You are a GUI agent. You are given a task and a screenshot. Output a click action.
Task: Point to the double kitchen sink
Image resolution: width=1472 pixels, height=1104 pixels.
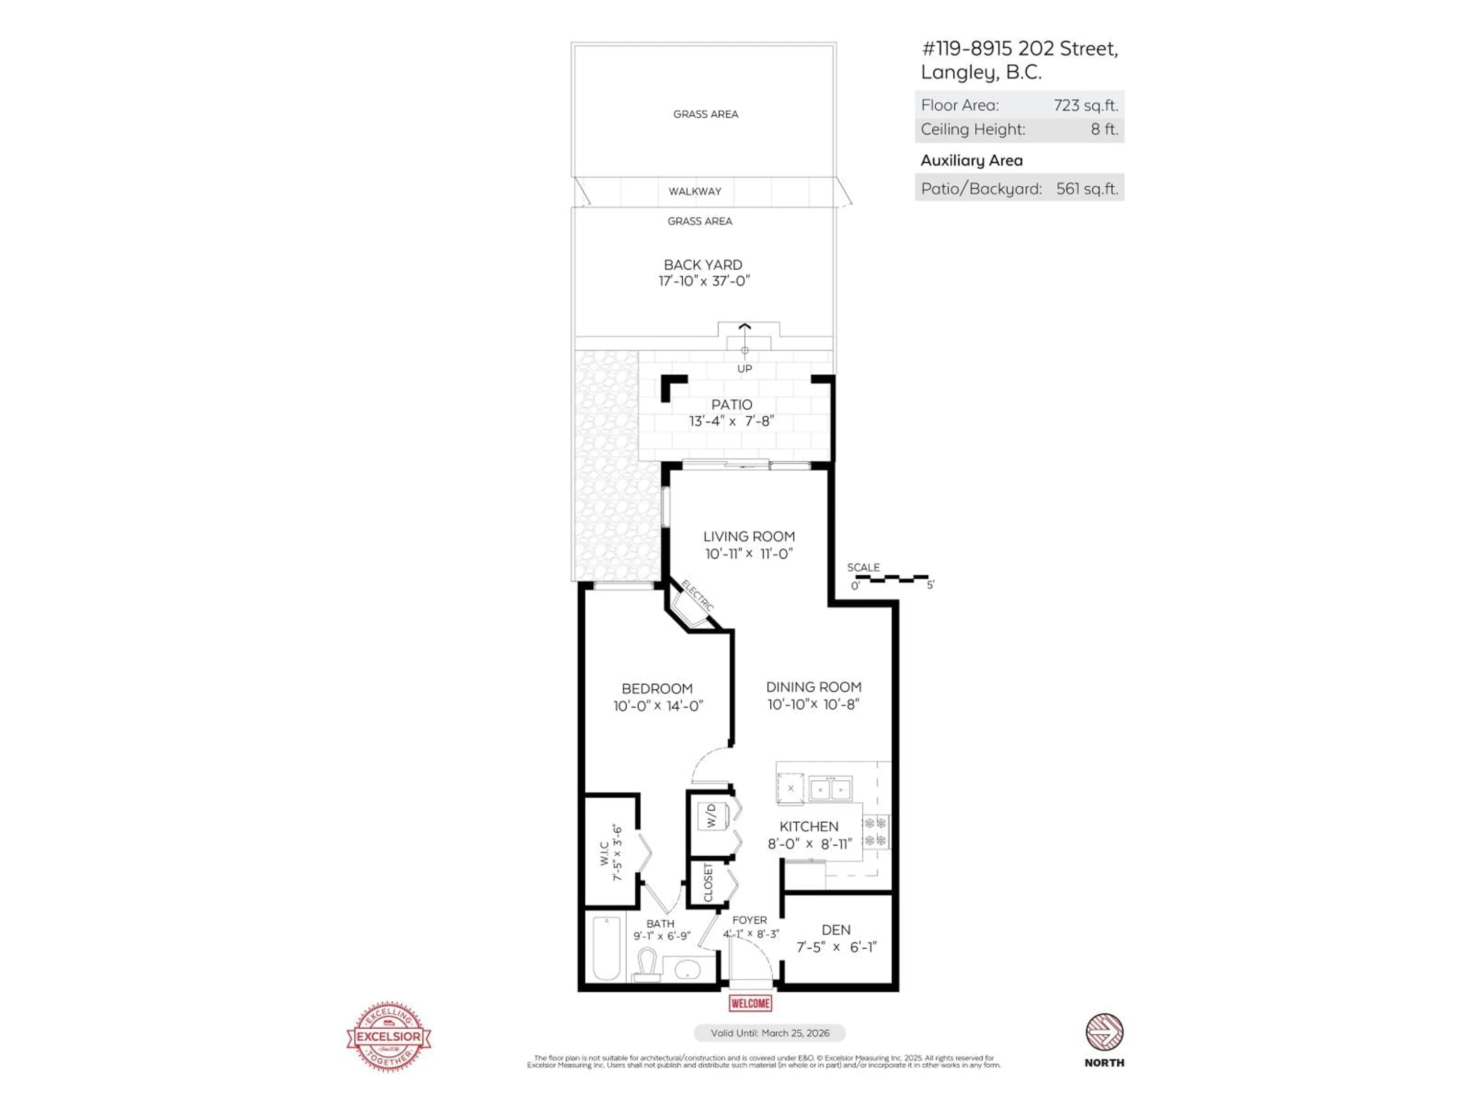[831, 789]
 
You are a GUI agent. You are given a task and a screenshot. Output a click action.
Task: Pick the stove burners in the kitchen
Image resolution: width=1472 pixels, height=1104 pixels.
[875, 832]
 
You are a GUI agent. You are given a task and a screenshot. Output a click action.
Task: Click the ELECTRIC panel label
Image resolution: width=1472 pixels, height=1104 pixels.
[697, 596]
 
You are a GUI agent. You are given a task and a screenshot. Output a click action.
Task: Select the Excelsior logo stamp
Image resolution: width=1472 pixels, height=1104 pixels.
[389, 1036]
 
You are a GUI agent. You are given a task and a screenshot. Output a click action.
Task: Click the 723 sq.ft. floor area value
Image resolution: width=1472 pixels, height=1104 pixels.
[1085, 105]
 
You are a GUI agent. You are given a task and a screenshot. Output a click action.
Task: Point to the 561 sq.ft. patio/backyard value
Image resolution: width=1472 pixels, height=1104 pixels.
[1087, 189]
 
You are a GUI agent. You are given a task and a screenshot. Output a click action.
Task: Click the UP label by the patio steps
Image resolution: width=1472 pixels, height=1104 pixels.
[745, 369]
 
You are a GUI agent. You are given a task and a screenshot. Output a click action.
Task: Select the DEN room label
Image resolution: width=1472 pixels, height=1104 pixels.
[836, 930]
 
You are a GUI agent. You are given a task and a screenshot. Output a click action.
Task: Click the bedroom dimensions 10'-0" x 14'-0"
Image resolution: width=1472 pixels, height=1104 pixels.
[658, 706]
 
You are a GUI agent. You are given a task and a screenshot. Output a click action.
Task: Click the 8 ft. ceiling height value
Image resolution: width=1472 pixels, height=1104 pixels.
[1104, 129]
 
